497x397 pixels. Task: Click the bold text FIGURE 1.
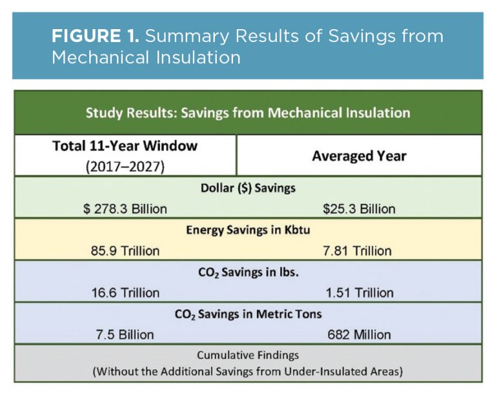pyautogui.click(x=95, y=36)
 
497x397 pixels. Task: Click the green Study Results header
pyautogui.click(x=248, y=113)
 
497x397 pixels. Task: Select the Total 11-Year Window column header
pyautogui.click(x=124, y=146)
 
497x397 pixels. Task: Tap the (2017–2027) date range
pyautogui.click(x=124, y=165)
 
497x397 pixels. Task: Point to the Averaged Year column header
pyautogui.click(x=359, y=156)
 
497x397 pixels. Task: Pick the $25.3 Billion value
pyautogui.click(x=359, y=209)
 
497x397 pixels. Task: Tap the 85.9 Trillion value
pyautogui.click(x=125, y=251)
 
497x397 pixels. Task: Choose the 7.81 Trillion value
pyautogui.click(x=359, y=251)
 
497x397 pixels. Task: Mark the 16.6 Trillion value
pyautogui.click(x=125, y=293)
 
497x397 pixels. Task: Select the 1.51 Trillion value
pyautogui.click(x=359, y=293)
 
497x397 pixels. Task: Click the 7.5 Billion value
pyautogui.click(x=123, y=335)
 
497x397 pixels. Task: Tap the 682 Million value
pyautogui.click(x=359, y=335)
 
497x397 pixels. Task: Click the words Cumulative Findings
pyautogui.click(x=248, y=356)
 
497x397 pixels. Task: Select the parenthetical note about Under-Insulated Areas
pyautogui.click(x=248, y=372)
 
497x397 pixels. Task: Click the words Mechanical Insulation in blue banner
pyautogui.click(x=146, y=57)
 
